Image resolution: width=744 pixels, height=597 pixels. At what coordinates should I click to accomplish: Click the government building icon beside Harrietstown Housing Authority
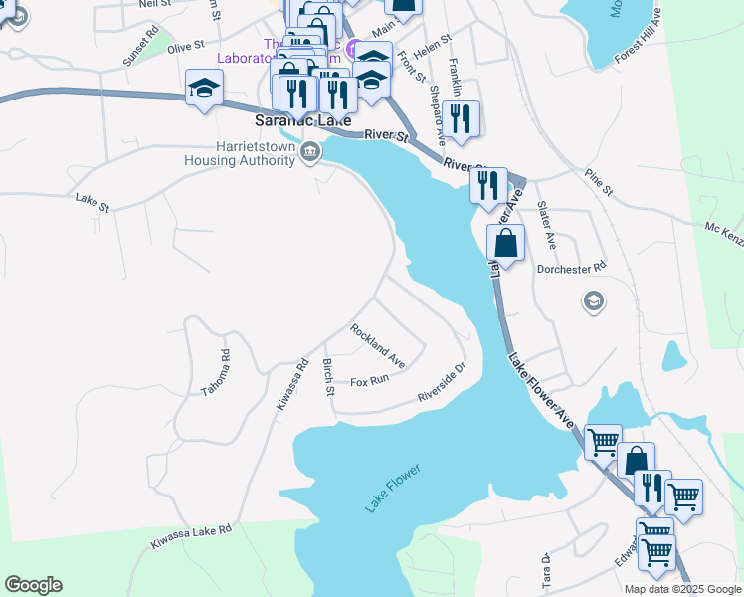pyautogui.click(x=310, y=152)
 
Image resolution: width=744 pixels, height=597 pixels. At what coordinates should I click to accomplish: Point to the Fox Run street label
pyautogui.click(x=369, y=381)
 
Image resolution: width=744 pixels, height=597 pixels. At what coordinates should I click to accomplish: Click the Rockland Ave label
pyautogui.click(x=377, y=344)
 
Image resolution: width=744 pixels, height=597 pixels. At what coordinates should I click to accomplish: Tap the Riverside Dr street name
pyautogui.click(x=442, y=382)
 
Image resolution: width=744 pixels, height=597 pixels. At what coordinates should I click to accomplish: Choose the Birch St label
pyautogui.click(x=328, y=377)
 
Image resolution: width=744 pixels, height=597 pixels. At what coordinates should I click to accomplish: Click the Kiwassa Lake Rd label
pyautogui.click(x=191, y=536)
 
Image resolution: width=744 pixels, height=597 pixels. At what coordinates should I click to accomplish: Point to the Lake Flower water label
pyautogui.click(x=393, y=489)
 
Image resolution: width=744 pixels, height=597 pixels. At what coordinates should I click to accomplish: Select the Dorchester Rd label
pyautogui.click(x=572, y=269)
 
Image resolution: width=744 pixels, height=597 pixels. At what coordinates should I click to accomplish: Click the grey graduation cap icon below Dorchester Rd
pyautogui.click(x=594, y=301)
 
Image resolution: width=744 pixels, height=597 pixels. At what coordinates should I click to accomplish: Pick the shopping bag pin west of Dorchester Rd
pyautogui.click(x=506, y=243)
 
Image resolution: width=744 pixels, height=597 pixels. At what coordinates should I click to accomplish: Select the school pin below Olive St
pyautogui.click(x=203, y=87)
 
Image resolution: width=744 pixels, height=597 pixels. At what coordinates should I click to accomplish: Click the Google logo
pyautogui.click(x=33, y=585)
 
